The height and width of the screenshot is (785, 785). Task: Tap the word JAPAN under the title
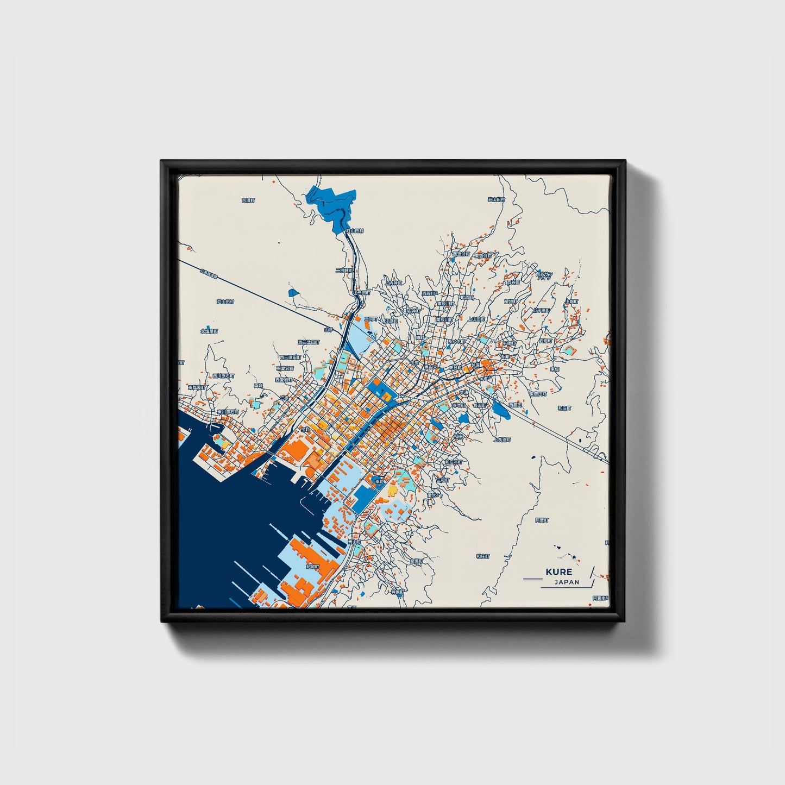pyautogui.click(x=567, y=582)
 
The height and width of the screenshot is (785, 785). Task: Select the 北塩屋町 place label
pyautogui.click(x=209, y=330)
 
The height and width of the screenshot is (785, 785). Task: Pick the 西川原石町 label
pyautogui.click(x=223, y=375)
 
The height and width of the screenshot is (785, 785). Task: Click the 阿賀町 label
pyautogui.click(x=541, y=520)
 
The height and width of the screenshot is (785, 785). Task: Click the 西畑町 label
pyautogui.click(x=515, y=405)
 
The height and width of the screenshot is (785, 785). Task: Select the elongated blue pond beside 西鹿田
pyautogui.click(x=500, y=411)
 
